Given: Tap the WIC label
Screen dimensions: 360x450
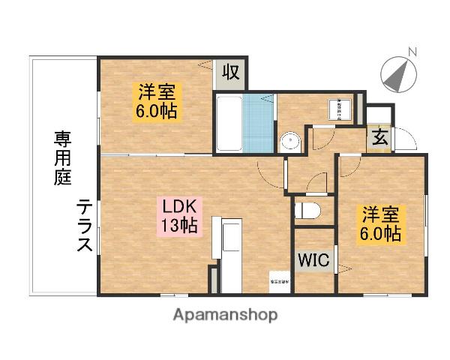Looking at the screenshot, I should pyautogui.click(x=313, y=261).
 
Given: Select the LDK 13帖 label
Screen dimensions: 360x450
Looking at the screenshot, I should pyautogui.click(x=178, y=215).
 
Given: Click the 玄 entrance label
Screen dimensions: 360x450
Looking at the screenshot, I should pyautogui.click(x=379, y=139).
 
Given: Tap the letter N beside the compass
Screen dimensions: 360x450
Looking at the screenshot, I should pyautogui.click(x=411, y=52).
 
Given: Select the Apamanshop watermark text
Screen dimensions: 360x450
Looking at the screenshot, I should pyautogui.click(x=225, y=315).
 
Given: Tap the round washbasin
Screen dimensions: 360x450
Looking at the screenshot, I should pyautogui.click(x=290, y=141).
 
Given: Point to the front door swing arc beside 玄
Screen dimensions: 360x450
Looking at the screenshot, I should pyautogui.click(x=404, y=139).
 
